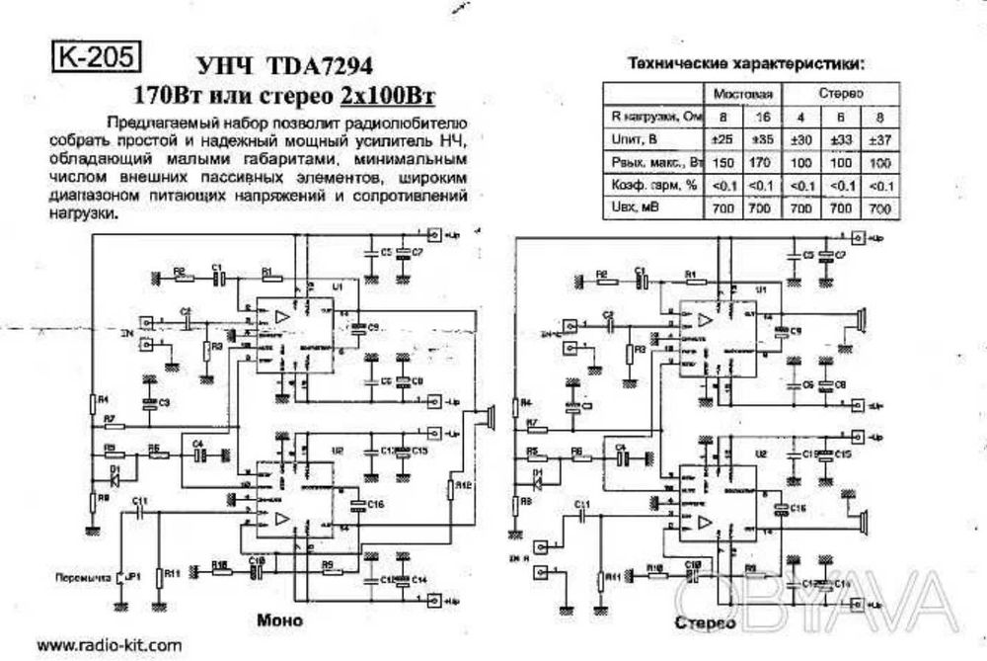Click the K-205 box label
click(90, 56)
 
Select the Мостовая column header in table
click(742, 93)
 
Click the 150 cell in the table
click(723, 162)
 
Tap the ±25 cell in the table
click(723, 138)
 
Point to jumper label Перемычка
click(81, 575)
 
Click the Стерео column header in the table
click(841, 93)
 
